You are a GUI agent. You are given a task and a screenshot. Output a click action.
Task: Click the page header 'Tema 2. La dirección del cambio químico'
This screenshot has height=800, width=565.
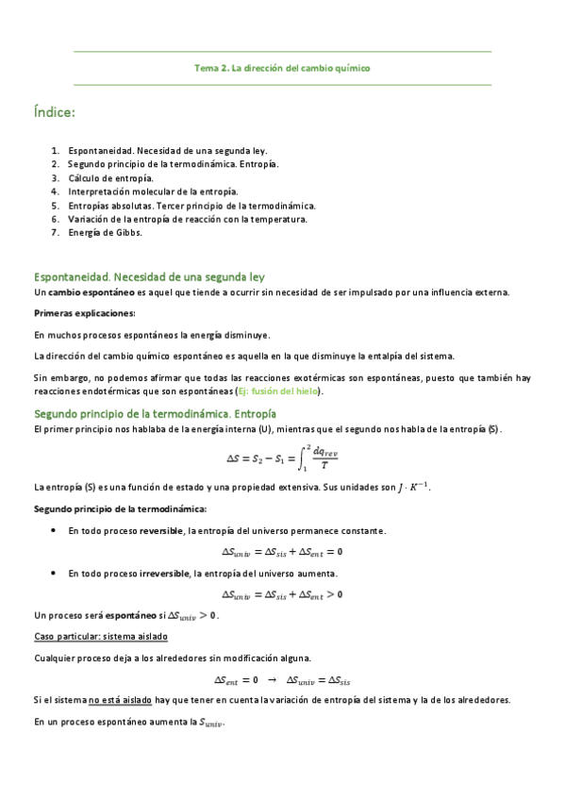point(282,68)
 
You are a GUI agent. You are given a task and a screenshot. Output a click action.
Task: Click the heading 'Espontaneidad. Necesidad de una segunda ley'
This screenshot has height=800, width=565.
point(149,276)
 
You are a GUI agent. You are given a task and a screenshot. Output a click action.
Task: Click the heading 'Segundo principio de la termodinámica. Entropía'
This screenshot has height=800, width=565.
point(155,413)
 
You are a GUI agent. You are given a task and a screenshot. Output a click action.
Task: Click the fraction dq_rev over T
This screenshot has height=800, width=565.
point(324,458)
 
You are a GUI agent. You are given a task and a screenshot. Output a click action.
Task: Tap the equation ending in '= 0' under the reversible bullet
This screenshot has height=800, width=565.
point(282,552)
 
